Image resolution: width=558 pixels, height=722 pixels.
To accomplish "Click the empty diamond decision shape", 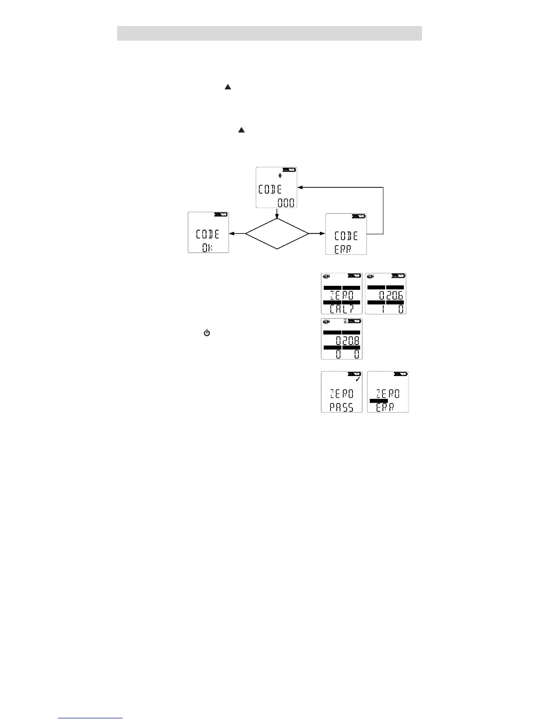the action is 277,233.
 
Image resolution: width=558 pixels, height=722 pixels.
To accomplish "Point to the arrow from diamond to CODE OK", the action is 237,233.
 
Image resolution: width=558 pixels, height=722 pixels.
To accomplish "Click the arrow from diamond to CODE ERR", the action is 316,233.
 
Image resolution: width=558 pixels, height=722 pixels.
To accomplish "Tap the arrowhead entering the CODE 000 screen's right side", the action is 301,187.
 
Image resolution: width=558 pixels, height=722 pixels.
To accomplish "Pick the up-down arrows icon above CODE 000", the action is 280,175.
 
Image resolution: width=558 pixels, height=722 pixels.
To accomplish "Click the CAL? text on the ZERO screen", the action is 341,309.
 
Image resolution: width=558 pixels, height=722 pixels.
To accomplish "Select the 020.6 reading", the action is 391,296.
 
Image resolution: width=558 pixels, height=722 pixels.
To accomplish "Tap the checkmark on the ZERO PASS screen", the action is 358,379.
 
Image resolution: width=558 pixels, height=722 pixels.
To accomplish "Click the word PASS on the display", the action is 341,407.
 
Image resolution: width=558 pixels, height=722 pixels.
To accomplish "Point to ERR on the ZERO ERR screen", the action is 385,407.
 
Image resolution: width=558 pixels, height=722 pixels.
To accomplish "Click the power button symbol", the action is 207,334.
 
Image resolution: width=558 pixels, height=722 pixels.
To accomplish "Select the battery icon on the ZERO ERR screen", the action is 401,374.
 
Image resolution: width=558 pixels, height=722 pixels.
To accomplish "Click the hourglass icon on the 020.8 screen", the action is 345,322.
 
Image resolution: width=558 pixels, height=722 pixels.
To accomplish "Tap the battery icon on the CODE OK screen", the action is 221,214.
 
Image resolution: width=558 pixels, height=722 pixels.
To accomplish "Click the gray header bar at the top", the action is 269,33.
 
